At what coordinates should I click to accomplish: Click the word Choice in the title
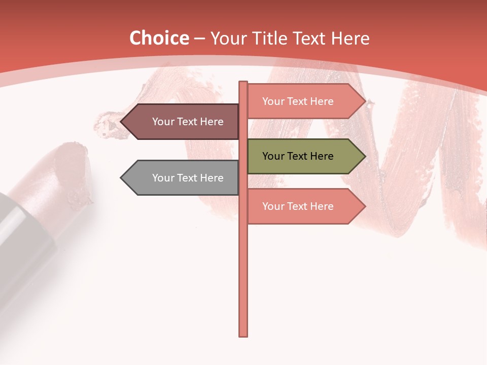pyautogui.click(x=159, y=38)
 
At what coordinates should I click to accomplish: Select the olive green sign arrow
pyautogui.click(x=304, y=156)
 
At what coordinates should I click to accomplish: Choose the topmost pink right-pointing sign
pyautogui.click(x=304, y=101)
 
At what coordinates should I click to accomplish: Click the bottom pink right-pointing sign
pyautogui.click(x=304, y=206)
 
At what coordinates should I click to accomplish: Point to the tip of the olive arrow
pyautogui.click(x=364, y=156)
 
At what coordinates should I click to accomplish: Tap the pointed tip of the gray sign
pyautogui.click(x=122, y=178)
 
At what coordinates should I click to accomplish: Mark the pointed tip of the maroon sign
pyautogui.click(x=122, y=122)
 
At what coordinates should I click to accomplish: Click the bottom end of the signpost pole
pyautogui.click(x=243, y=335)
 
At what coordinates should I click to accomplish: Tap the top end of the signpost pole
pyautogui.click(x=243, y=83)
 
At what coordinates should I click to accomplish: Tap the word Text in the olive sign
pyautogui.click(x=298, y=156)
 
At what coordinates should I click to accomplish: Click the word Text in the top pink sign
pyautogui.click(x=298, y=101)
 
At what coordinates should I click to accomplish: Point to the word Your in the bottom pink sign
pyautogui.click(x=273, y=206)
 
